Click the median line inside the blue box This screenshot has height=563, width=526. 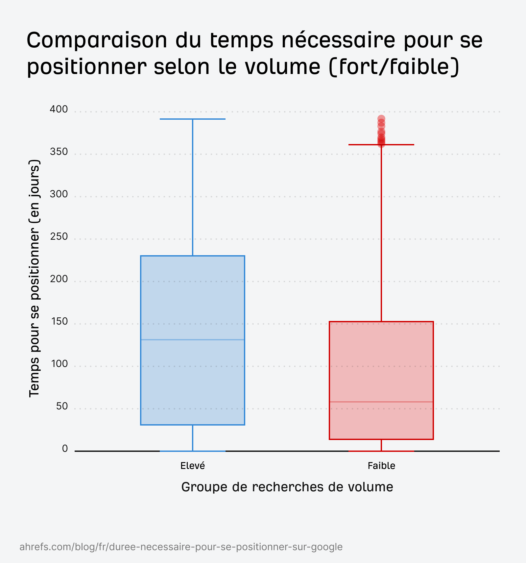pyautogui.click(x=193, y=340)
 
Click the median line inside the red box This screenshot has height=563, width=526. pyautogui.click(x=381, y=402)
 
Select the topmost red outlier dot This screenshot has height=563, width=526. pyautogui.click(x=381, y=119)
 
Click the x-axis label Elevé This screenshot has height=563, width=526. pyautogui.click(x=193, y=466)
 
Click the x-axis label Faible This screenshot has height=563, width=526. pyautogui.click(x=381, y=466)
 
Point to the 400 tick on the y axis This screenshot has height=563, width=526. pyautogui.click(x=59, y=110)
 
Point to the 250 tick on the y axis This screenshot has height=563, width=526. pyautogui.click(x=59, y=237)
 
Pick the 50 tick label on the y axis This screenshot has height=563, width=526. pyautogui.click(x=62, y=406)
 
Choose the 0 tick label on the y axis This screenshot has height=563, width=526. pyautogui.click(x=65, y=449)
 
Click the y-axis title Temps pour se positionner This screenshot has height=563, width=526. pyautogui.click(x=35, y=279)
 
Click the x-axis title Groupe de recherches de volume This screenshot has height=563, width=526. pyautogui.click(x=287, y=487)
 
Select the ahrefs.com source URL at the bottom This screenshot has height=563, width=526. pyautogui.click(x=181, y=547)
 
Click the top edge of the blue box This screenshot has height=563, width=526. pyautogui.click(x=193, y=256)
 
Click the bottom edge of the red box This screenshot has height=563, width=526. pyautogui.click(x=381, y=439)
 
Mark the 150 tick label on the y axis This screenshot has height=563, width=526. pyautogui.click(x=59, y=322)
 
